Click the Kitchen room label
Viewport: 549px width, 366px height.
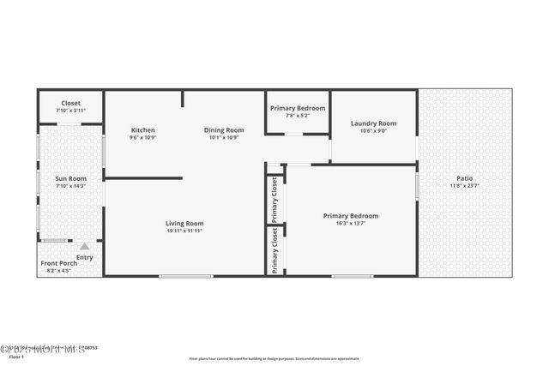point(142,130)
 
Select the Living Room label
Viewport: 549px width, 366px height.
point(184,224)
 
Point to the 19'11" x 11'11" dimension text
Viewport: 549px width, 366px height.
point(184,231)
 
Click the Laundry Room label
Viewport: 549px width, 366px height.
point(373,123)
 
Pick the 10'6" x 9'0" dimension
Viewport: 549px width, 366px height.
point(373,131)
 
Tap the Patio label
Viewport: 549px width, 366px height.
point(464,178)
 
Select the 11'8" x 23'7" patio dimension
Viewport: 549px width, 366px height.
point(464,186)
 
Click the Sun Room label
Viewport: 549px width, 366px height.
point(70,178)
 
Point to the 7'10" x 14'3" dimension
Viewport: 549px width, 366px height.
point(70,186)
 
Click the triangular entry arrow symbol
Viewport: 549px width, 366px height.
point(84,246)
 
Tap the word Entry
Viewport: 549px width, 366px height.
point(84,257)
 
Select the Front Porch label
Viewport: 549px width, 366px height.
point(59,263)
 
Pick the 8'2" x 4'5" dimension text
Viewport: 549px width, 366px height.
point(59,271)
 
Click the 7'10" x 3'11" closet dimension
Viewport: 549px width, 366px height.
point(70,111)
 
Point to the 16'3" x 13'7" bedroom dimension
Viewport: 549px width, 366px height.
point(350,224)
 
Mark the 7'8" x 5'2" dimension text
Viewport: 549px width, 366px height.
point(298,117)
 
